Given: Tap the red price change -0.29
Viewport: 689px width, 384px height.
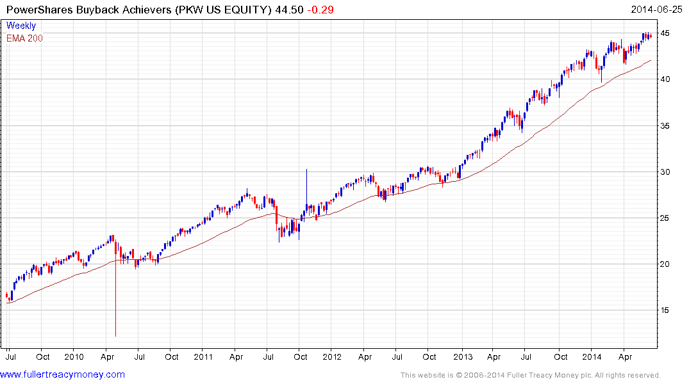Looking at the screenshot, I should point(320,10).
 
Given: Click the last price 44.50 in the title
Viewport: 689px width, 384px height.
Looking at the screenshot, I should point(290,10).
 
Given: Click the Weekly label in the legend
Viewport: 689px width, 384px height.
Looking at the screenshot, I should point(21,26).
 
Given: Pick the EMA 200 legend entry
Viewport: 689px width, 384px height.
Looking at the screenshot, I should point(24,38).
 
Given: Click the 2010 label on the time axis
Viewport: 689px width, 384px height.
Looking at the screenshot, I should point(74,356).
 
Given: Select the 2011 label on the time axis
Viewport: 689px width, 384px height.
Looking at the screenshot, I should point(203,356).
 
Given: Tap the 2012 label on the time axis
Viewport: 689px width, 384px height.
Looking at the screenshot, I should point(332,356).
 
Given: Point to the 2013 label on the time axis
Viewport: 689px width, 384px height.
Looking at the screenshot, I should point(462,356).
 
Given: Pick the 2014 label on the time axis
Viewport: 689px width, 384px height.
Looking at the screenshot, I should point(592,356).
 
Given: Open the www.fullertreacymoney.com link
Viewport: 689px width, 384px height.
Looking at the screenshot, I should point(63,374).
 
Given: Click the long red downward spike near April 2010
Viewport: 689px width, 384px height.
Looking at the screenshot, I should point(115,301).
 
